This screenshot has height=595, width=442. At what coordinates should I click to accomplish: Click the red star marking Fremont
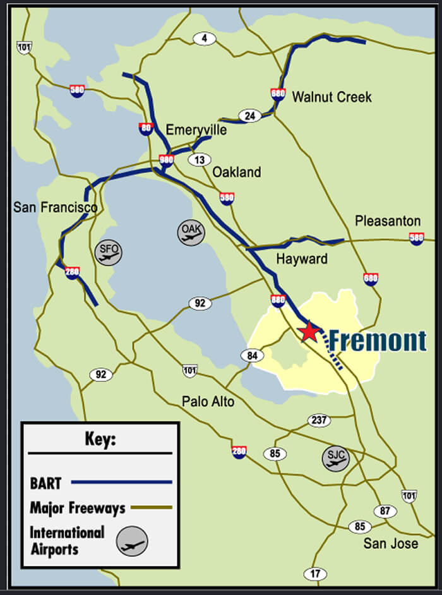tap(309, 331)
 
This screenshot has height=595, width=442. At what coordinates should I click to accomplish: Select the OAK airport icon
tap(191, 232)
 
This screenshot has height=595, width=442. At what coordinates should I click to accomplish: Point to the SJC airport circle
tap(335, 459)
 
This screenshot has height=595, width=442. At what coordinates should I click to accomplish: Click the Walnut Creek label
tap(331, 97)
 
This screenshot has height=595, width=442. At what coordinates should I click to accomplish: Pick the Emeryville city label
tap(196, 130)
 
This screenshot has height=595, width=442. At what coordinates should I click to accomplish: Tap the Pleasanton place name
tap(387, 221)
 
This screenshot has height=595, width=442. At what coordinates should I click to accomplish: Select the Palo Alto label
tap(208, 402)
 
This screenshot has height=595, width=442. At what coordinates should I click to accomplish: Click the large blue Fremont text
tap(378, 341)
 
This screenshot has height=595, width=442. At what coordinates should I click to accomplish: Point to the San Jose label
tap(390, 543)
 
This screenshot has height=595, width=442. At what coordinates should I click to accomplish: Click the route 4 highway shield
tap(205, 39)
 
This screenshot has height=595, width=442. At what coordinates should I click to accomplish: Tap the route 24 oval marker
tap(250, 116)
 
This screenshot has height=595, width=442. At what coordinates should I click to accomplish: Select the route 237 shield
tap(319, 421)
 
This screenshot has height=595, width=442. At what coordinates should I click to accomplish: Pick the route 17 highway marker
tap(315, 574)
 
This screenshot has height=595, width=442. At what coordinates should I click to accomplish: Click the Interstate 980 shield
tap(167, 160)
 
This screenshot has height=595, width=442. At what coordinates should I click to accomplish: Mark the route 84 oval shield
tap(252, 356)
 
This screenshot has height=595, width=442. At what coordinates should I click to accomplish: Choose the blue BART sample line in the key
tap(122, 482)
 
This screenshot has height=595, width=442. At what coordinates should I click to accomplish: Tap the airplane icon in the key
tap(133, 541)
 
